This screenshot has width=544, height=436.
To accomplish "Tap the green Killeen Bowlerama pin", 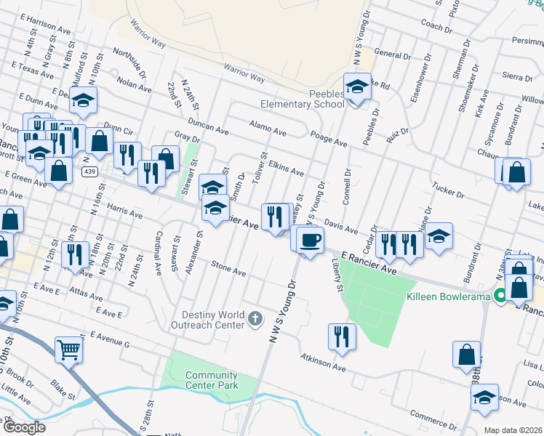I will (x=500, y=296).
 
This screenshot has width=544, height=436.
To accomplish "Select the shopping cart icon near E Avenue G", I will (x=68, y=350).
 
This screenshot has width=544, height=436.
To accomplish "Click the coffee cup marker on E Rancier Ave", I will (x=310, y=239).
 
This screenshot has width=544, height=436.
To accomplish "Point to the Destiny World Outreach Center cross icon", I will (x=255, y=318).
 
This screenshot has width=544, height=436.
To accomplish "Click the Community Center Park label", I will (x=212, y=380).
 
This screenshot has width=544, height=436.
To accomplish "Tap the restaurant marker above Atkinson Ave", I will (x=340, y=336).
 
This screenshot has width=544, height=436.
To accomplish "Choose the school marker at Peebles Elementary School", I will (x=357, y=87).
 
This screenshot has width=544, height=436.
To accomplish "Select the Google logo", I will (x=24, y=427).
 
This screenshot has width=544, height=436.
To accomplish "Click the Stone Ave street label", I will (x=228, y=270).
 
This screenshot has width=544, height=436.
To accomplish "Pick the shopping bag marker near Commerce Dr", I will (x=466, y=355).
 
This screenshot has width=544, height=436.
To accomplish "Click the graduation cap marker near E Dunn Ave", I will (x=84, y=101).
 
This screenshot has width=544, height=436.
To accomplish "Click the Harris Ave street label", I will (x=125, y=211).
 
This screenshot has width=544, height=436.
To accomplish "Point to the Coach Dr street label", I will (x=436, y=27).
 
